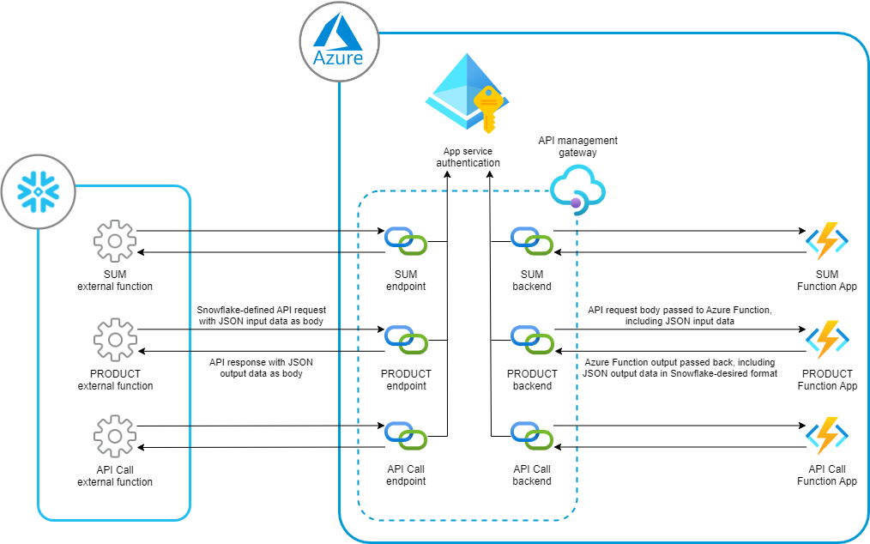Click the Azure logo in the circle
click(338, 39)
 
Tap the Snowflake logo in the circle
click(38, 192)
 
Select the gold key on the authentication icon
click(487, 109)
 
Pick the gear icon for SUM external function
click(115, 241)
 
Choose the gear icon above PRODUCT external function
click(115, 340)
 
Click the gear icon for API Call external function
click(115, 436)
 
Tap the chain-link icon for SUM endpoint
click(406, 241)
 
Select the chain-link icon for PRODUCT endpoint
click(406, 340)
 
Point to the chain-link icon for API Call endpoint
click(406, 436)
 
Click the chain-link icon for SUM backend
click(532, 241)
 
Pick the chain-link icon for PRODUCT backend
click(532, 340)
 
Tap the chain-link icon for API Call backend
click(532, 436)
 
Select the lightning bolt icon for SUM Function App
click(827, 241)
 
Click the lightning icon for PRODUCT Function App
click(827, 339)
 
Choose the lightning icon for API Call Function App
click(827, 436)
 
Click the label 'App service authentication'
click(468, 157)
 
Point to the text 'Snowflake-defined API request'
click(262, 310)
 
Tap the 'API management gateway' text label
click(577, 147)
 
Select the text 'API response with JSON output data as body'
click(261, 367)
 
